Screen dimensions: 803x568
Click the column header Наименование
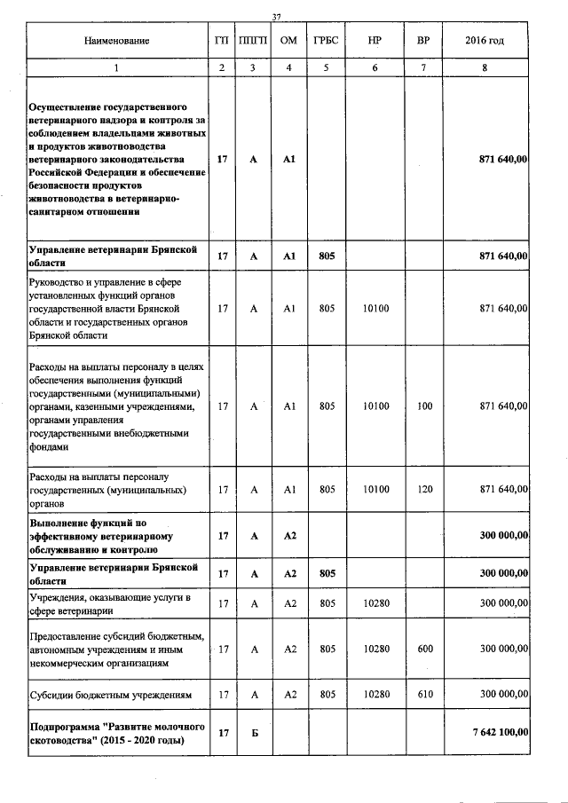coord(116,41)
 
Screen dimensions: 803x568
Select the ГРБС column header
coord(326,41)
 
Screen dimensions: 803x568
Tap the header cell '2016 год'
coord(485,41)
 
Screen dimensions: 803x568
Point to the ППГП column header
coord(253,41)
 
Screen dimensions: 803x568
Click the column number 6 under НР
coord(375,68)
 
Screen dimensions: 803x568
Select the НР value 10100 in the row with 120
coord(375,489)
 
